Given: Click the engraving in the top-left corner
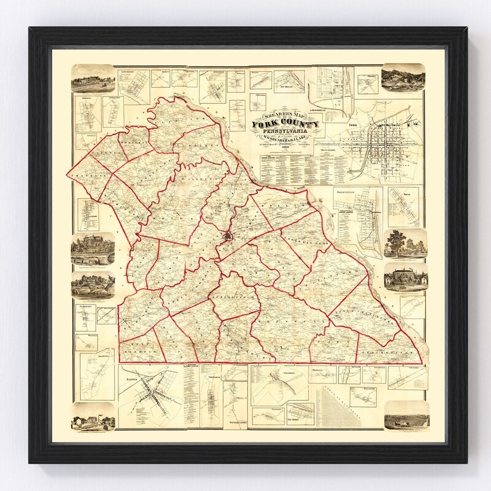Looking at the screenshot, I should point(92,78).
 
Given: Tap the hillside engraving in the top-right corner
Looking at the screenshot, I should point(402,78).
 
